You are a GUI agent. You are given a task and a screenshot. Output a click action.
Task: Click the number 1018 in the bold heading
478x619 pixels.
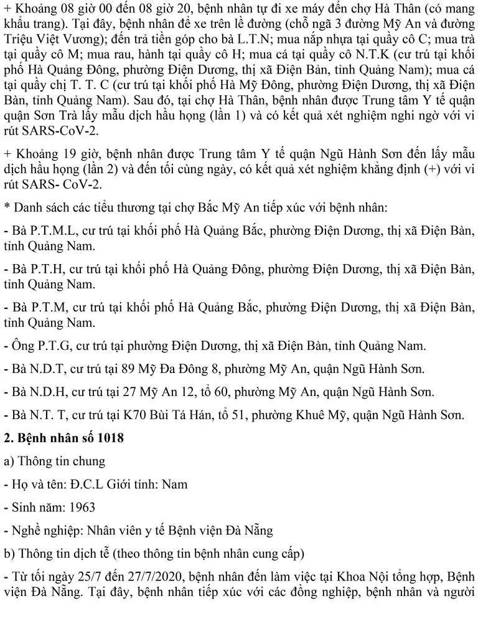pos(108,438)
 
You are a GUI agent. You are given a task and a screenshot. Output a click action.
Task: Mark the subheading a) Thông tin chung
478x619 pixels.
pos(54,461)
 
